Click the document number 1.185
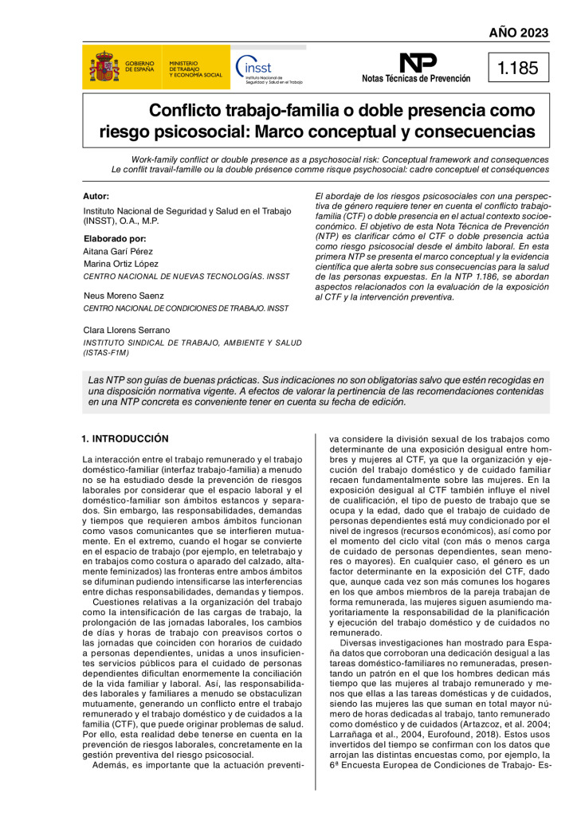click(x=518, y=68)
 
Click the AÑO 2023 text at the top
click(x=518, y=33)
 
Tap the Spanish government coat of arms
click(x=104, y=67)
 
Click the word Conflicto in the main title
click(x=190, y=111)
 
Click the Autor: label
click(x=96, y=196)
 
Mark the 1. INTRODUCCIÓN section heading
click(x=126, y=439)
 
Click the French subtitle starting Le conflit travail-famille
click(x=330, y=170)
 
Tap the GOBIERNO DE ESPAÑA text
click(x=139, y=67)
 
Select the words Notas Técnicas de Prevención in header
click(x=416, y=79)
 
